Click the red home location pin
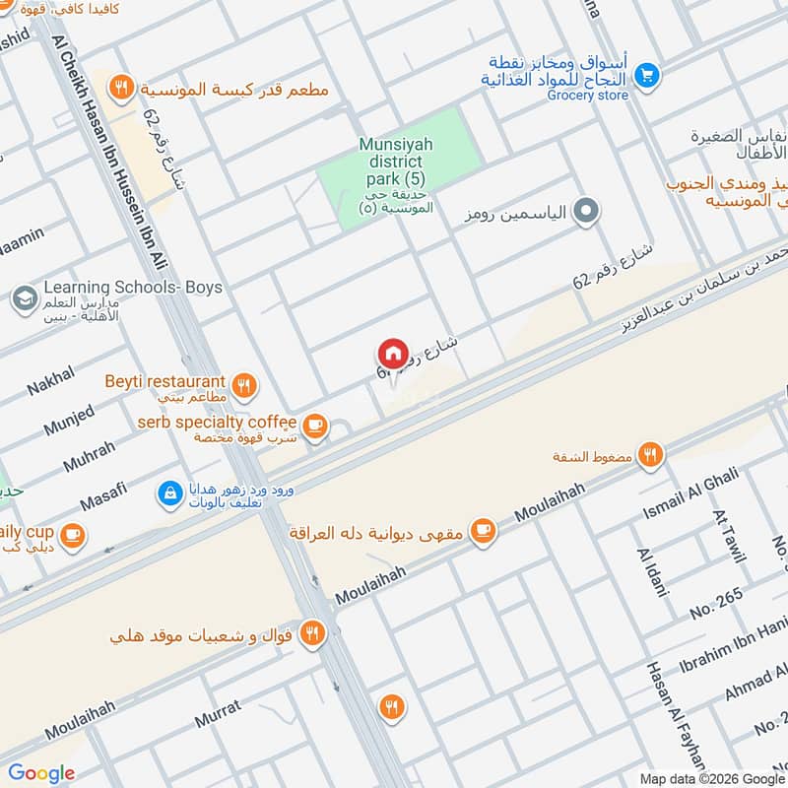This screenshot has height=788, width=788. (392, 354)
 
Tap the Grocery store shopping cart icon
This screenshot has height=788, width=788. (646, 74)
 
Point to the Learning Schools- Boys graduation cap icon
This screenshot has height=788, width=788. (24, 296)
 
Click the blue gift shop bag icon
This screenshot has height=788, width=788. (170, 491)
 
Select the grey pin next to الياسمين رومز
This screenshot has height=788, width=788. (586, 210)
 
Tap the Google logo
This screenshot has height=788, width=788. (40, 772)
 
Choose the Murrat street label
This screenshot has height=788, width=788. (218, 714)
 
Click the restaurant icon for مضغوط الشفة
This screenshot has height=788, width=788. (649, 454)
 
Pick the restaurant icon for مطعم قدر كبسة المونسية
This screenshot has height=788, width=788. (120, 88)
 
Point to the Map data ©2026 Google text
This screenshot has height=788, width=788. (708, 777)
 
